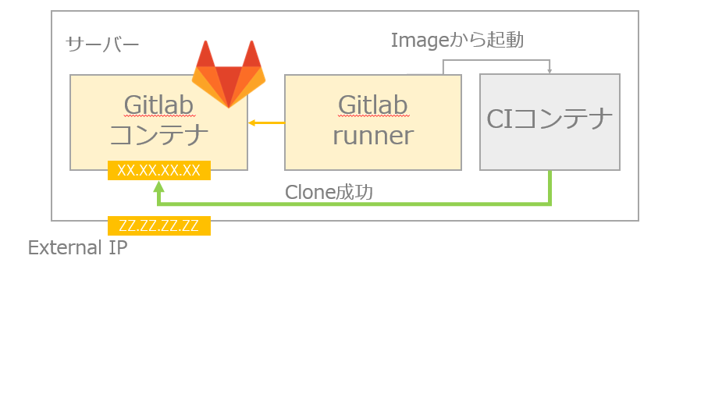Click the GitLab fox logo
tap(229, 78)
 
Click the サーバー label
tap(102, 44)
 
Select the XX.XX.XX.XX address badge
tap(159, 170)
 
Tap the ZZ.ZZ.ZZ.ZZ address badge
tap(159, 226)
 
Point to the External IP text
tap(77, 248)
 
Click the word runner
tap(372, 136)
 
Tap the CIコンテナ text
tap(550, 119)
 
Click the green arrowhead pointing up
tap(159, 187)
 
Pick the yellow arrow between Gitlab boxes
tap(266, 122)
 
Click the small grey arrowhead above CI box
tap(550, 71)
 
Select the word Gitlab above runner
tap(372, 105)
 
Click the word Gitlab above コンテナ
tap(158, 105)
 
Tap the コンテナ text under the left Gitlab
tap(158, 136)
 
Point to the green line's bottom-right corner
tap(550, 204)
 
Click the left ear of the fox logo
tap(205, 55)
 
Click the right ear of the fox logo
tap(252, 55)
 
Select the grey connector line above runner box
tap(443, 66)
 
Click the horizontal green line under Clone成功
tap(351, 204)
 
